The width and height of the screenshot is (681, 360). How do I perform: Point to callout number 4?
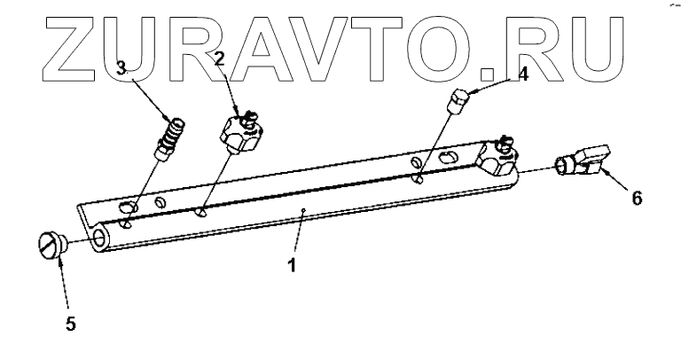click(x=524, y=74)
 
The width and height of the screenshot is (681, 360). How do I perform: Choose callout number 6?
click(x=637, y=200)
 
